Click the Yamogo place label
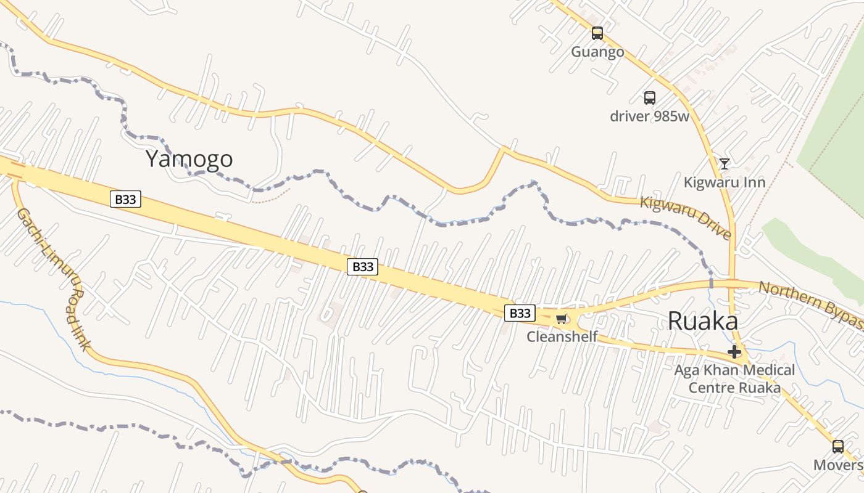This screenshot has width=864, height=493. point(189,159)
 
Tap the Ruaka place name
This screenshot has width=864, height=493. point(702,321)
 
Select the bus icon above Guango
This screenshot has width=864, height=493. point(597,33)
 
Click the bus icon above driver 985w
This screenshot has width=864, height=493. point(649,97)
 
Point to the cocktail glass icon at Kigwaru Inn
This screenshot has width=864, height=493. point(724,164)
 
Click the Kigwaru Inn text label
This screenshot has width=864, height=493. point(724,182)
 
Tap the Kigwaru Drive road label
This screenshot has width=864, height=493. point(686,218)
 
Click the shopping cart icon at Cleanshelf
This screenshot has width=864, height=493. point(560,319)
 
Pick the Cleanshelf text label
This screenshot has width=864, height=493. point(562,336)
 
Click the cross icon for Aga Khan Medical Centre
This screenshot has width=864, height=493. point(734,352)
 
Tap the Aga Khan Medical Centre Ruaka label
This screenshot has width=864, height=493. point(734,379)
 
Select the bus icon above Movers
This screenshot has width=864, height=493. point(837,446)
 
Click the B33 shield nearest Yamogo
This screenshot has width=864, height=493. point(125,199)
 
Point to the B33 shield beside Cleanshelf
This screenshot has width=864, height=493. point(519,313)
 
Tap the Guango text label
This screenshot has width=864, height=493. point(597,52)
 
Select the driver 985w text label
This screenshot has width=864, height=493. point(649,116)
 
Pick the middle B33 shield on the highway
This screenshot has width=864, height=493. point(362,267)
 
